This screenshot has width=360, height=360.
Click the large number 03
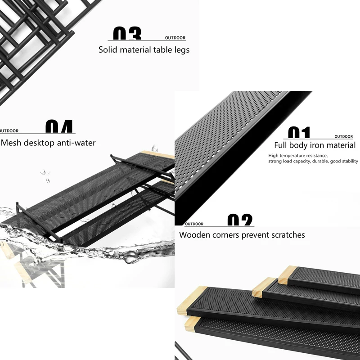coord(127,34)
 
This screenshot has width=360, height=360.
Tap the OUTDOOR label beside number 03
coord(175,38)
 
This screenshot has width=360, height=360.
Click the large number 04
coord(59,127)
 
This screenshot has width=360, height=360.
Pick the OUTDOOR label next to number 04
coord(9,131)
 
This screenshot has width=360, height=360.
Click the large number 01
coord(299,133)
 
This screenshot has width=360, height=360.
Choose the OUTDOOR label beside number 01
coord(344,136)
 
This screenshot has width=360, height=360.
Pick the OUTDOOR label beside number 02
coord(194,224)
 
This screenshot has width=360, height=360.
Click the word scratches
coord(287,235)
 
